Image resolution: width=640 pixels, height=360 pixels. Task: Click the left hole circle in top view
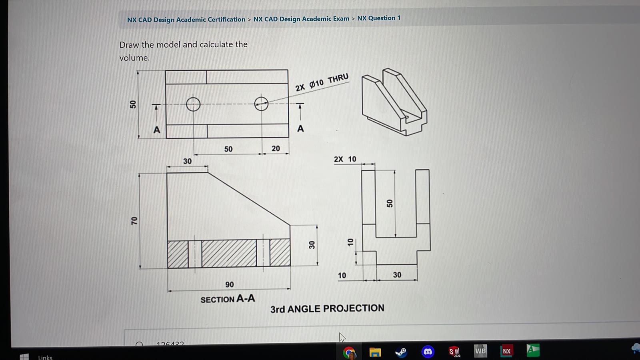pyautogui.click(x=193, y=104)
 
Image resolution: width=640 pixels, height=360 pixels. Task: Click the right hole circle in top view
pyautogui.click(x=261, y=104)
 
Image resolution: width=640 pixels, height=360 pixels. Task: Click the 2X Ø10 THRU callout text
pyautogui.click(x=322, y=82)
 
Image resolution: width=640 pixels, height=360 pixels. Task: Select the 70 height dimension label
pyautogui.click(x=134, y=220)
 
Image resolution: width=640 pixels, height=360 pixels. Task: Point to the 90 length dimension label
pyautogui.click(x=230, y=284)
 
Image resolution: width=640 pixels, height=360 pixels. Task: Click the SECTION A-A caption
pyautogui.click(x=228, y=299)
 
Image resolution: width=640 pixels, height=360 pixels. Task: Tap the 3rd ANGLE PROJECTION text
pyautogui.click(x=327, y=308)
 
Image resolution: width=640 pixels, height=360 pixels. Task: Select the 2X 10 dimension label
pyautogui.click(x=345, y=159)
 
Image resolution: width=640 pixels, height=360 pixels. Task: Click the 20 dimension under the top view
pyautogui.click(x=276, y=148)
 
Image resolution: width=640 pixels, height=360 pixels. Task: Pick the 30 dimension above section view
pyautogui.click(x=187, y=161)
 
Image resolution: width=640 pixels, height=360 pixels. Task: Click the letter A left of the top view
pyautogui.click(x=157, y=130)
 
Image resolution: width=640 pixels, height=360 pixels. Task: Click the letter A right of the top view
pyautogui.click(x=300, y=129)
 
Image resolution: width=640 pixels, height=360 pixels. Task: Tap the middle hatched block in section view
pyautogui.click(x=229, y=253)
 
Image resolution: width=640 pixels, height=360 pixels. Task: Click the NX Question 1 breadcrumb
pyautogui.click(x=378, y=18)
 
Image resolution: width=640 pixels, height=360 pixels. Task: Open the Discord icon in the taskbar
pyautogui.click(x=428, y=352)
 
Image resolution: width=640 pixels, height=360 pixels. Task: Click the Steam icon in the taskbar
pyautogui.click(x=401, y=352)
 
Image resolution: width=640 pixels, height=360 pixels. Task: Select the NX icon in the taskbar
pyautogui.click(x=506, y=351)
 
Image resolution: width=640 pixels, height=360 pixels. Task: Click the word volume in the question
pyautogui.click(x=134, y=58)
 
